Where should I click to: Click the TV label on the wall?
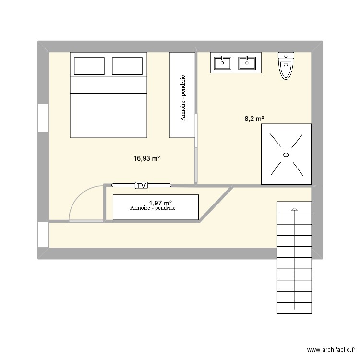[x=141, y=185]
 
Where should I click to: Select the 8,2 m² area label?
[x=254, y=119]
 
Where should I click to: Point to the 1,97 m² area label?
[x=160, y=203]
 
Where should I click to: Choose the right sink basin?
[x=247, y=62]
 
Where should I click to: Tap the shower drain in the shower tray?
[x=286, y=154]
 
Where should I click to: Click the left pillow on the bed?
[x=89, y=66]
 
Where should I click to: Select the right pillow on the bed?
[x=128, y=66]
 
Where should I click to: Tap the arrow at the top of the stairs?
[x=294, y=209]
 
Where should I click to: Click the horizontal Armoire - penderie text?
[x=153, y=209]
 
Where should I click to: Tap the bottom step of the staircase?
[x=294, y=308]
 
